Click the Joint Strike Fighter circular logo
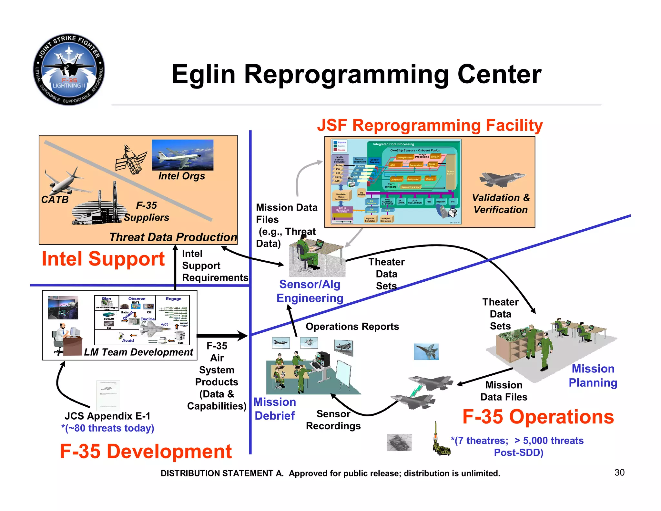pos(69,69)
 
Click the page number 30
pos(619,472)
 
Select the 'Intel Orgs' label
pos(181,176)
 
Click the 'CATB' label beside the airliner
pos(55,199)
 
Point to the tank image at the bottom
pos(399,442)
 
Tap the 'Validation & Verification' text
pos(501,203)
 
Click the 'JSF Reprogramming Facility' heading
pos(430,125)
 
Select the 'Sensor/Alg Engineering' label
pos(310,291)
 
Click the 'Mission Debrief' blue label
pos(274,409)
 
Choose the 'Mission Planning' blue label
pos(593,375)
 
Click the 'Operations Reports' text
pos(352,327)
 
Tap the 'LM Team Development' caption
pos(138,352)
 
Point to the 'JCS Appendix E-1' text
pos(107,416)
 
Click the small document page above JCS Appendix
pos(108,395)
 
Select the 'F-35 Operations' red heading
pos(538,417)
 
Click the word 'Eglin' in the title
pos(203,75)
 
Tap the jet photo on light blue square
pos(426,351)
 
